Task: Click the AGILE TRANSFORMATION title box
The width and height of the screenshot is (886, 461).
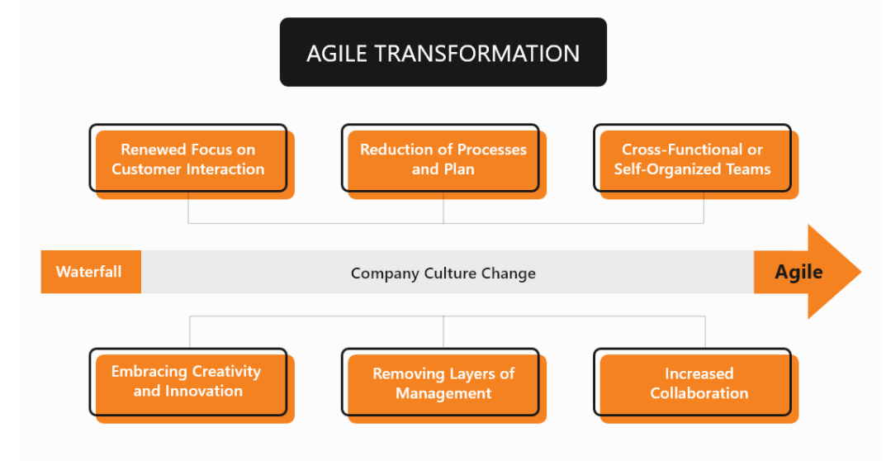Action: click(443, 52)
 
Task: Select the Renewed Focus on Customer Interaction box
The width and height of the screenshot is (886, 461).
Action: click(192, 161)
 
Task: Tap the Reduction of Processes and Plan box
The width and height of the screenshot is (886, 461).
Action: click(443, 161)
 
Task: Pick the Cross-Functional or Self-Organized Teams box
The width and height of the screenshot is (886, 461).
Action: click(695, 161)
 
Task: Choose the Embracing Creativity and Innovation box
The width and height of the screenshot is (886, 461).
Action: click(192, 385)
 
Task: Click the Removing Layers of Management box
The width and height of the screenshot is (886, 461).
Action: click(443, 385)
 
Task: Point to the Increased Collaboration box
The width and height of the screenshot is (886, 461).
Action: click(695, 385)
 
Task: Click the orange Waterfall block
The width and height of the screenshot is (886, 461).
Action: click(91, 272)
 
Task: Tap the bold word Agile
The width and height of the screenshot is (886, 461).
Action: click(798, 272)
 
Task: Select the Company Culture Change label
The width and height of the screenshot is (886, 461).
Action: click(443, 273)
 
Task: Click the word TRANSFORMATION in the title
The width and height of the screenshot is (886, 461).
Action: click(477, 54)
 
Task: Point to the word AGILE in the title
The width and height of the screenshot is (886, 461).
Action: click(337, 54)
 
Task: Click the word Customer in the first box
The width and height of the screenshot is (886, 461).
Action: click(147, 169)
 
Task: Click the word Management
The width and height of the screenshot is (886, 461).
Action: click(443, 394)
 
